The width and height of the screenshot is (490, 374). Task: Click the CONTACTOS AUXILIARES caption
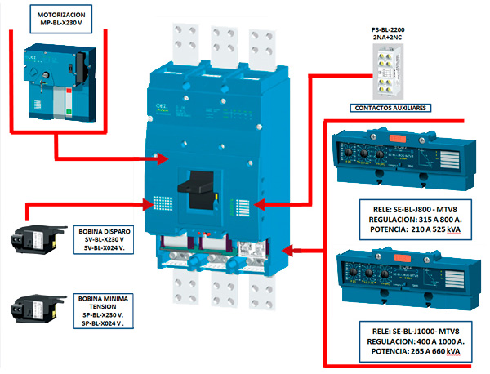pos(390,108)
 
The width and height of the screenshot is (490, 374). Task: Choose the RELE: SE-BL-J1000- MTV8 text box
pos(410,341)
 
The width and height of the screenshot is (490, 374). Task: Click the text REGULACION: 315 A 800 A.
pos(411,220)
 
